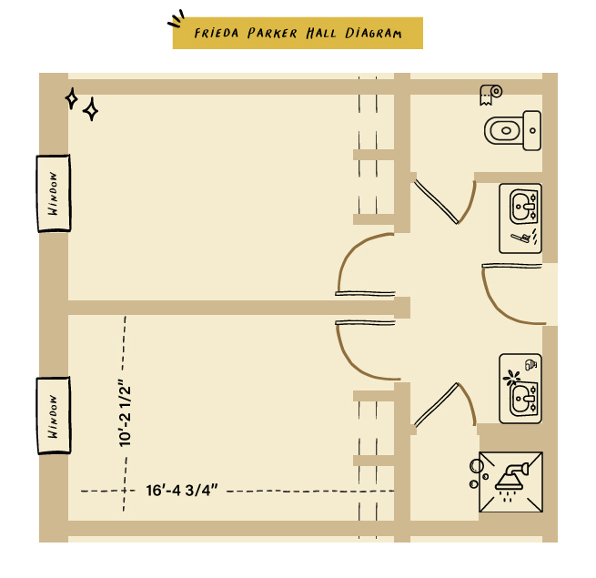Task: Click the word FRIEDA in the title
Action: pyautogui.click(x=217, y=33)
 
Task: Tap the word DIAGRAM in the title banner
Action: pyautogui.click(x=373, y=33)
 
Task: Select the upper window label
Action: pyautogui.click(x=54, y=193)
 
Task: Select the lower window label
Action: pyautogui.click(x=54, y=416)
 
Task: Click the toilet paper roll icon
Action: pyautogui.click(x=490, y=95)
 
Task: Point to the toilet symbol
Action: pyautogui.click(x=513, y=130)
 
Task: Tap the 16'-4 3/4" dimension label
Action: pyautogui.click(x=182, y=491)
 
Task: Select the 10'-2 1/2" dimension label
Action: pyautogui.click(x=125, y=413)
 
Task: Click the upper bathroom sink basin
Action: pyautogui.click(x=523, y=207)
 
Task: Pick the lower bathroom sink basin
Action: pyautogui.click(x=523, y=400)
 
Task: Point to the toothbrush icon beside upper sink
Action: pyautogui.click(x=520, y=238)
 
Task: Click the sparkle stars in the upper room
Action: pyautogui.click(x=82, y=104)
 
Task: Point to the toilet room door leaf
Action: pyautogui.click(x=437, y=202)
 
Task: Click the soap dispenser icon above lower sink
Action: pyautogui.click(x=530, y=365)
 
